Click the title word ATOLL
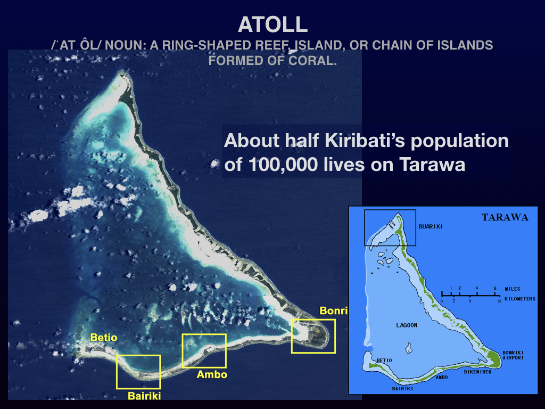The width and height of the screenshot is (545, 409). point(273,24)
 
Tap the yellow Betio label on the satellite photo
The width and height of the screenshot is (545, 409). point(104,337)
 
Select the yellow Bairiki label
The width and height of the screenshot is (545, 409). point(144,396)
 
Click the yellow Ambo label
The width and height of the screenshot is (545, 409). point(212,374)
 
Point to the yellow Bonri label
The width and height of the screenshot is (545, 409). point(333,310)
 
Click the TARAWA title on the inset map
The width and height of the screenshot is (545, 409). point(505,217)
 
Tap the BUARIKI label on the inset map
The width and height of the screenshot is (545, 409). point(431,227)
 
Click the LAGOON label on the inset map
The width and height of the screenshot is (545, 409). point(407,325)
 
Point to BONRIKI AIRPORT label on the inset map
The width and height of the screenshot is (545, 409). point(513,355)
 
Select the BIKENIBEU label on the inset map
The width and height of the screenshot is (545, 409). point(478,372)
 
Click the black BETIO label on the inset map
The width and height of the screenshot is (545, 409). point(384,361)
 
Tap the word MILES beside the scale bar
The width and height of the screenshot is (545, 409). point(513,289)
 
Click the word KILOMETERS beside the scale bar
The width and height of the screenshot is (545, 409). point(519,299)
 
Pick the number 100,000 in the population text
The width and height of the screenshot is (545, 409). point(283,165)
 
